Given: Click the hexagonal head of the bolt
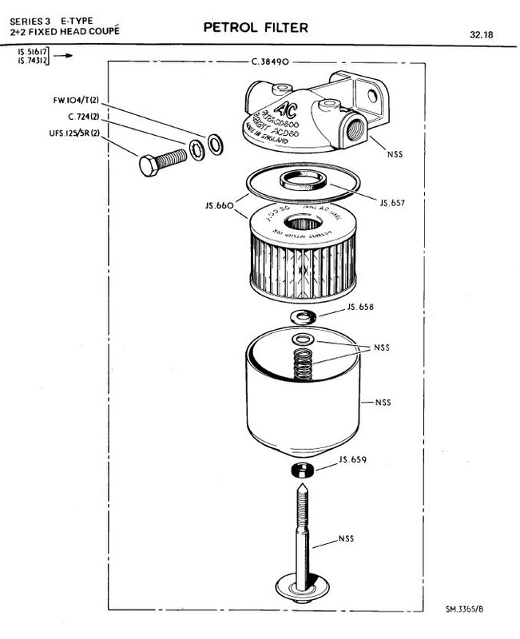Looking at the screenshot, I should point(149,167).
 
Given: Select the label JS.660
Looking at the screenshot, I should point(218,206).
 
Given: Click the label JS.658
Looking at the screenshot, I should point(360,307).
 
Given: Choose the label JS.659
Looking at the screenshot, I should point(352,460).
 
